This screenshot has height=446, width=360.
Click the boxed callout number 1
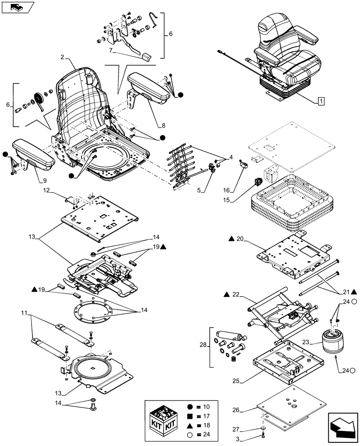pos(321,101)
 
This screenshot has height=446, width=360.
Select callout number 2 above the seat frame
pos(62,58)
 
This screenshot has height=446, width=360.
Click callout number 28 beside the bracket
pos(202,346)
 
